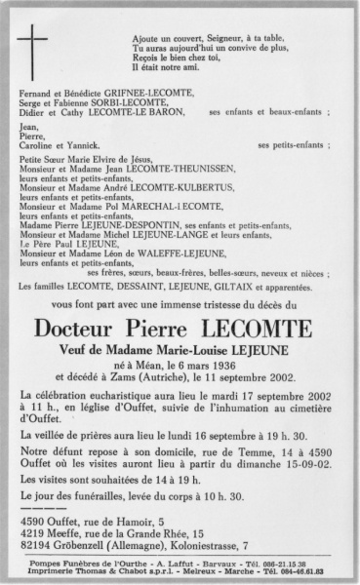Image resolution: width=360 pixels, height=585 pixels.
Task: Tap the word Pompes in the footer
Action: (41, 564)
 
